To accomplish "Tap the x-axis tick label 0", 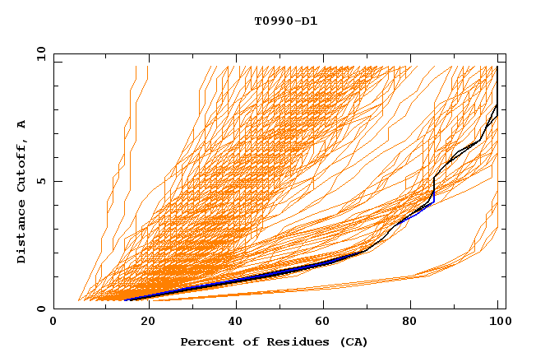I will coord(53,323).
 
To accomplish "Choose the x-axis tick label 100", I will coord(497,323).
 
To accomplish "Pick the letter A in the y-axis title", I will coord(22,124).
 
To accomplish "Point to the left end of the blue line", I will coord(125,300).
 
